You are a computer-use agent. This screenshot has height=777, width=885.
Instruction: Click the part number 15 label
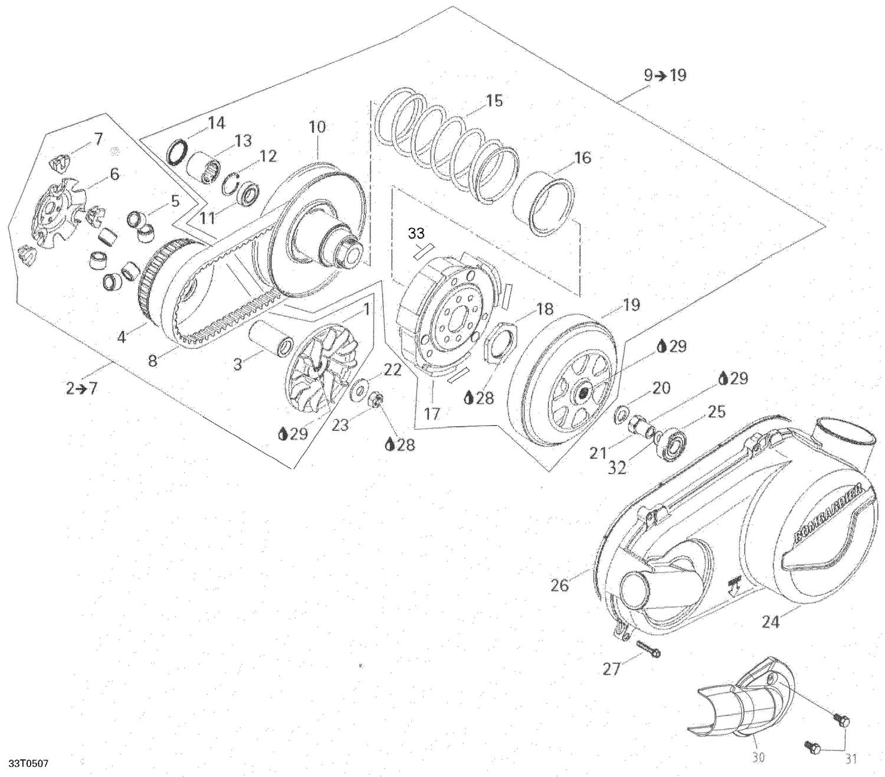coord(494,100)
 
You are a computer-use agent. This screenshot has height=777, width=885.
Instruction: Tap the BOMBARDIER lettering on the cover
coord(828,511)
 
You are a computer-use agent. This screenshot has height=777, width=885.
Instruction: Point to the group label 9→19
coord(665,76)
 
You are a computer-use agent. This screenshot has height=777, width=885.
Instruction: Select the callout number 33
coord(417,234)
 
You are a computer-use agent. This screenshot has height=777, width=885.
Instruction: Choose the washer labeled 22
coord(358,392)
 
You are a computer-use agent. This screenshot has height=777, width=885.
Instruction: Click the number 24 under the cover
coord(771,622)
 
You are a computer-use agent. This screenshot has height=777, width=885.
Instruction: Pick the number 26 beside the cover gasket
coord(559,585)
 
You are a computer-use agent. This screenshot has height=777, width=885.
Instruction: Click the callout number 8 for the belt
coord(153,360)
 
